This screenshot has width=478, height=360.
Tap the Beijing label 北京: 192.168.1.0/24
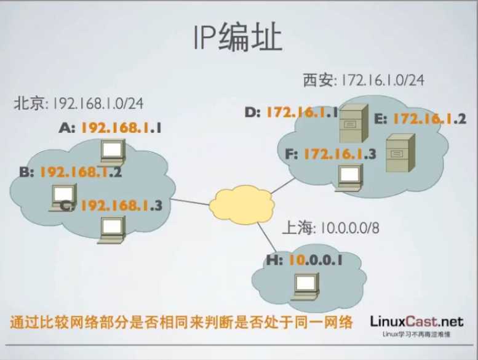coord(79,103)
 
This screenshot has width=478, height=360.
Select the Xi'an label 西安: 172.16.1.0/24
coord(363,79)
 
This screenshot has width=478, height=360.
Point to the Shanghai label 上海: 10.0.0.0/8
coord(330,228)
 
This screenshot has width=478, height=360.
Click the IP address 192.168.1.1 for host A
coord(121,129)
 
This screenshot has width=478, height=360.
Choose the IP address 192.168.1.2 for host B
coord(80,172)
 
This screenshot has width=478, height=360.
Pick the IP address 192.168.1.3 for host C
coord(121,206)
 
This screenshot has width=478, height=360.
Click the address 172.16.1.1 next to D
coord(302,113)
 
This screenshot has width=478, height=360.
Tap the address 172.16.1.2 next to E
coord(429,119)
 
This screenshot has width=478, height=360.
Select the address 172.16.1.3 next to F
coord(338,154)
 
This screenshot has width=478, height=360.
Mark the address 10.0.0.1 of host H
coord(315,260)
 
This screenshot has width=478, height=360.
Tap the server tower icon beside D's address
coord(354,124)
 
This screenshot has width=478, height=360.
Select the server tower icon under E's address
coord(397,153)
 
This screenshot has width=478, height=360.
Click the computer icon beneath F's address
coord(348,176)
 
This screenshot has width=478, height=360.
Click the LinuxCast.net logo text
coord(416,321)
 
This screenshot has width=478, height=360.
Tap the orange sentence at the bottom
coord(181,322)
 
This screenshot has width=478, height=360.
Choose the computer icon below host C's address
coord(113,228)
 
